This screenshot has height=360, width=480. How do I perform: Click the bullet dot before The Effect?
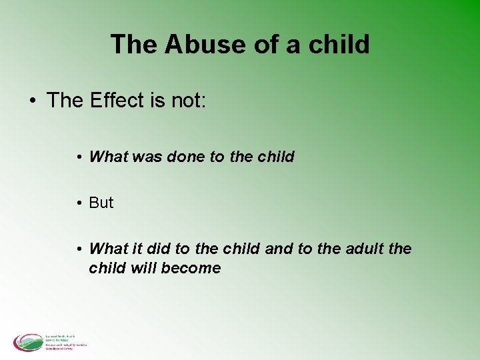click(x=32, y=101)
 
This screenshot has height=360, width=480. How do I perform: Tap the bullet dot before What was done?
click(x=79, y=157)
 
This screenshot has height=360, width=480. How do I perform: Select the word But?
click(x=101, y=203)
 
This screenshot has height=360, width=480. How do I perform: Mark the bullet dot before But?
click(x=79, y=203)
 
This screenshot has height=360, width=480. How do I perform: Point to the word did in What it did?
click(x=157, y=249)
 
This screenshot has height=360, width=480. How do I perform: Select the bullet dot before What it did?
click(x=79, y=249)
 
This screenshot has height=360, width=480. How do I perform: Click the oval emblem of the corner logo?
click(x=28, y=342)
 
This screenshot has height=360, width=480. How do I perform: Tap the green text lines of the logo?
click(x=65, y=341)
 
